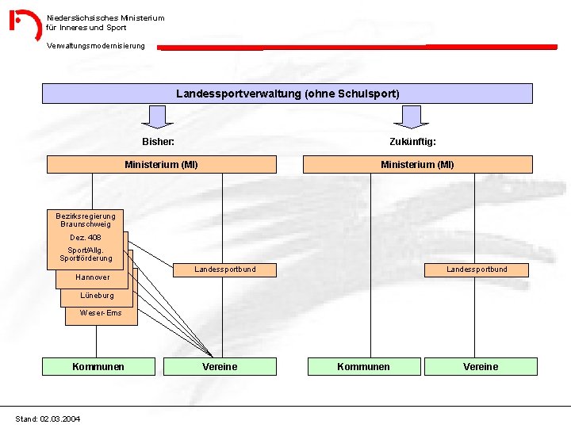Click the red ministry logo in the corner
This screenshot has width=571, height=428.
tap(25, 25)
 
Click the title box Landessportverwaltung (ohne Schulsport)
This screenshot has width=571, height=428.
tap(287, 94)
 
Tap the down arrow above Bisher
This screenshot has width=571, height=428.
tap(159, 117)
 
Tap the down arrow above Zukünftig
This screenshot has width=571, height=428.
tap(412, 117)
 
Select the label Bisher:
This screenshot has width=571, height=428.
tap(158, 141)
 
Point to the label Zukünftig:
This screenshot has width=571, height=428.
tap(412, 141)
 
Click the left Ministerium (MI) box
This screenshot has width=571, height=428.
tap(162, 165)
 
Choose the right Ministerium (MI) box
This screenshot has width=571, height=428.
tap(417, 165)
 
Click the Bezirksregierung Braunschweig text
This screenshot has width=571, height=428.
tap(86, 220)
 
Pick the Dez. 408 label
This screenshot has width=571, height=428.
tap(86, 238)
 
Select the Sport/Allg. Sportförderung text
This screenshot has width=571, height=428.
tap(86, 254)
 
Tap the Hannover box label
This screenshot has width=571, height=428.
tap(93, 277)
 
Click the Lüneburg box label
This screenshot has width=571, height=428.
tap(97, 296)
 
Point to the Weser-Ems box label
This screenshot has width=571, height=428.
tap(101, 313)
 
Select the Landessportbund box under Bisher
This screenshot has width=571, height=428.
tap(225, 269)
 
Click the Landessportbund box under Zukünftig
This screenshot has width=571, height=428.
tap(477, 269)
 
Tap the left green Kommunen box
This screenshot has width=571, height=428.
tap(98, 366)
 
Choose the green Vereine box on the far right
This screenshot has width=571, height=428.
tap(481, 366)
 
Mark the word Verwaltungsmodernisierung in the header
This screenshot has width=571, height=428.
tap(96, 46)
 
